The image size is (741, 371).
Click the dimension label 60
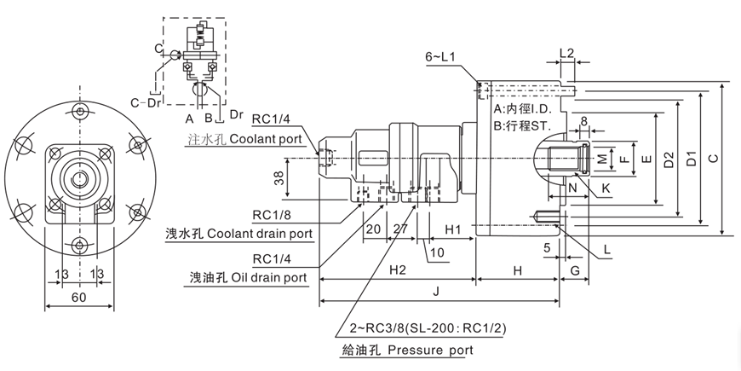pos(78,298)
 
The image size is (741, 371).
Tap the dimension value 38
pos(279,178)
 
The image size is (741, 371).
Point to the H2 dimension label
pos(397,270)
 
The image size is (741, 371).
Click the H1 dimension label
pos(453,229)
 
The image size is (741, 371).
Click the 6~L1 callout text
pos(442,56)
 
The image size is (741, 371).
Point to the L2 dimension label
pos(567,52)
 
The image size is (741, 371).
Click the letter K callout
pos(606,186)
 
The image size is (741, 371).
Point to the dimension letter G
pos(575,270)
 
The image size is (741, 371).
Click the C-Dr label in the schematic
pos(146,102)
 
